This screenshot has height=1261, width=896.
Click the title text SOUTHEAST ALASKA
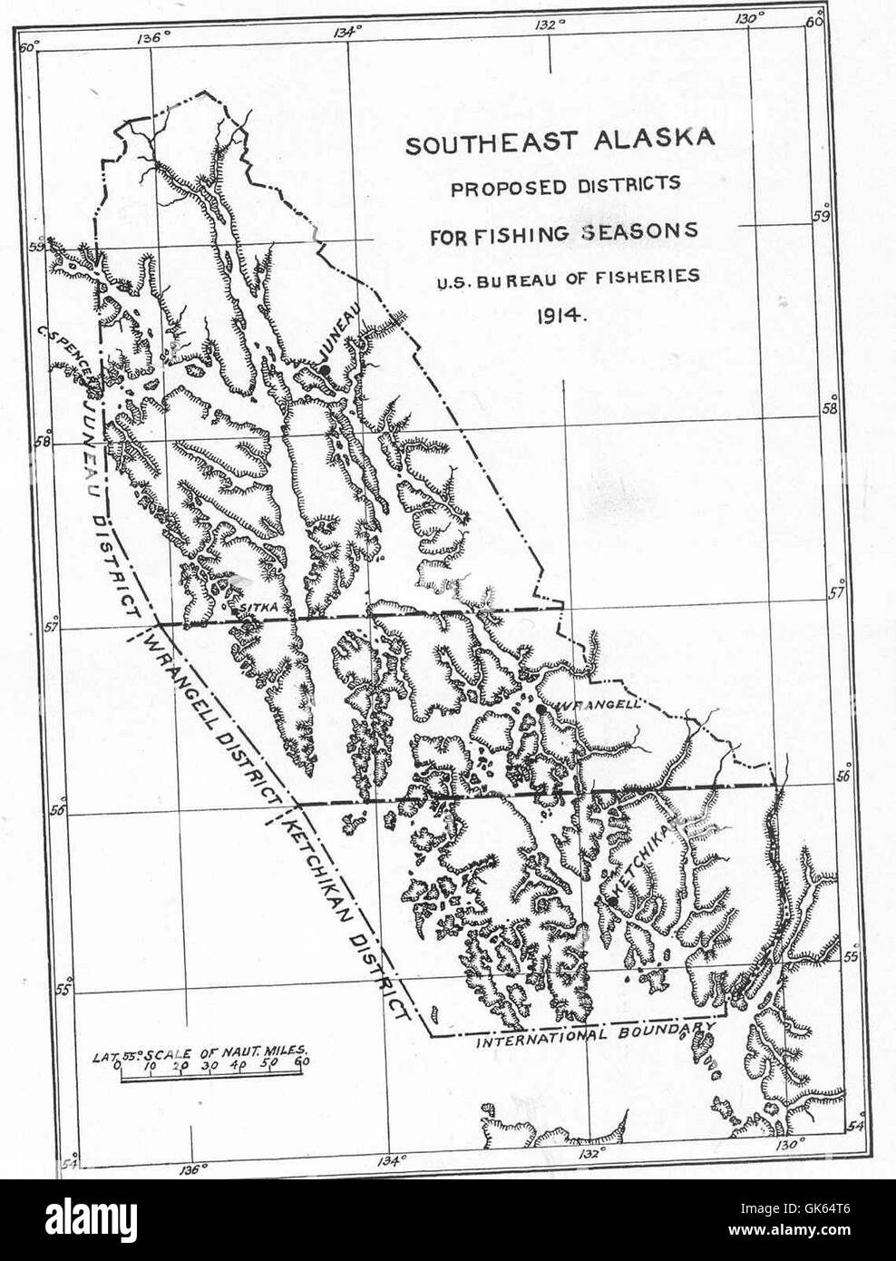[560, 143]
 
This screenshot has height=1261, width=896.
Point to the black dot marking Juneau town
[323, 369]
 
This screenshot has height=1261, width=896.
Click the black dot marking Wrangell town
[541, 709]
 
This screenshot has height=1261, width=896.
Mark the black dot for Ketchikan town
[614, 901]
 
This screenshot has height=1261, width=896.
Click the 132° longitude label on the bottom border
[589, 1153]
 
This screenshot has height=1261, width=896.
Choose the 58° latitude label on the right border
[828, 408]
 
